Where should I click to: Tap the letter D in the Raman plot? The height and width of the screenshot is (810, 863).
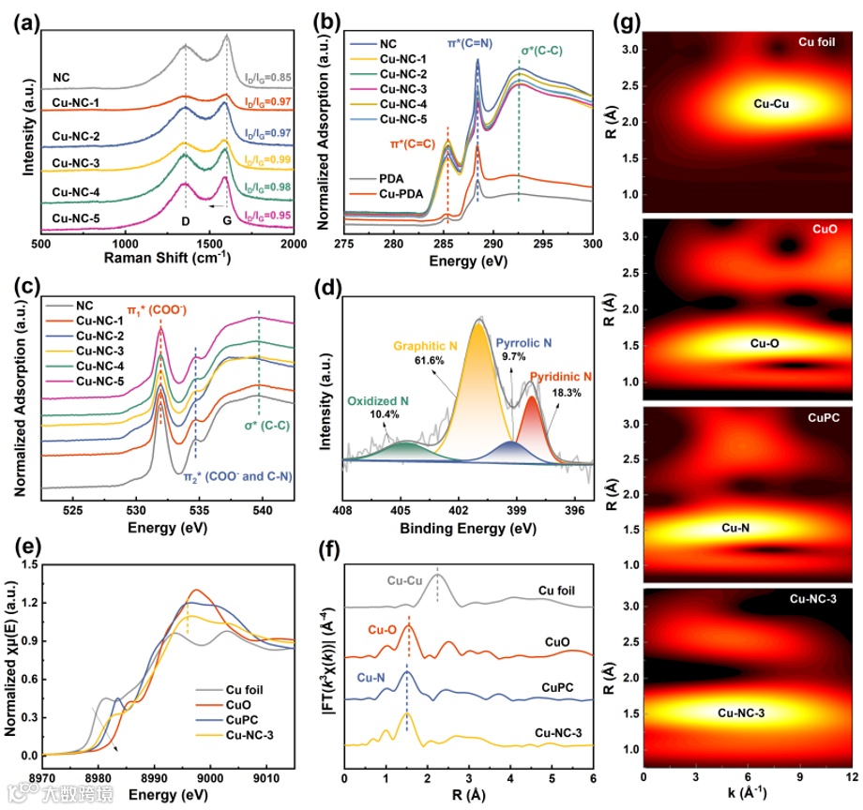click(185, 221)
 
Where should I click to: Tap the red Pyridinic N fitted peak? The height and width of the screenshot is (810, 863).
click(532, 427)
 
